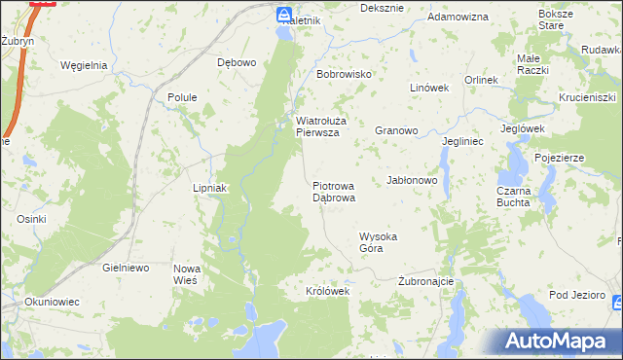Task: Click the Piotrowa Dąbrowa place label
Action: click(334, 191)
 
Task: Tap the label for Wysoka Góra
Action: click(380, 242)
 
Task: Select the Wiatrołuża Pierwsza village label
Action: click(317, 127)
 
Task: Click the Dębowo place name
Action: click(237, 62)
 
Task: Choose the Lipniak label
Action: click(209, 188)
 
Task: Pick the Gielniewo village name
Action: click(125, 267)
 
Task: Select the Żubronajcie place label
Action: click(426, 281)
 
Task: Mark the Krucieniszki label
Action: click(590, 98)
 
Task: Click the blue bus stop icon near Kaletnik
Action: click(283, 16)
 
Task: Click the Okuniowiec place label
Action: click(50, 302)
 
